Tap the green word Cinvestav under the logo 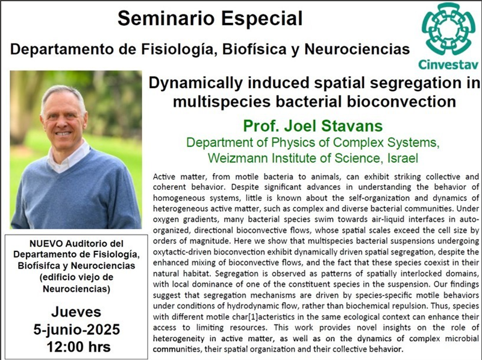tap(448, 65)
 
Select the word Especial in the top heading tap(261, 18)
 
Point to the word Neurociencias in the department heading tap(357, 49)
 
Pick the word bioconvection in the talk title tap(401, 101)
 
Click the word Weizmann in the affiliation tap(237, 158)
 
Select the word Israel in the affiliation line tap(402, 158)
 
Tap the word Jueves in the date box tap(77, 312)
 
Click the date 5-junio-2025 tap(77, 329)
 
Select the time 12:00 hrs tap(79, 347)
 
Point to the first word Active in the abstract tap(164, 177)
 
